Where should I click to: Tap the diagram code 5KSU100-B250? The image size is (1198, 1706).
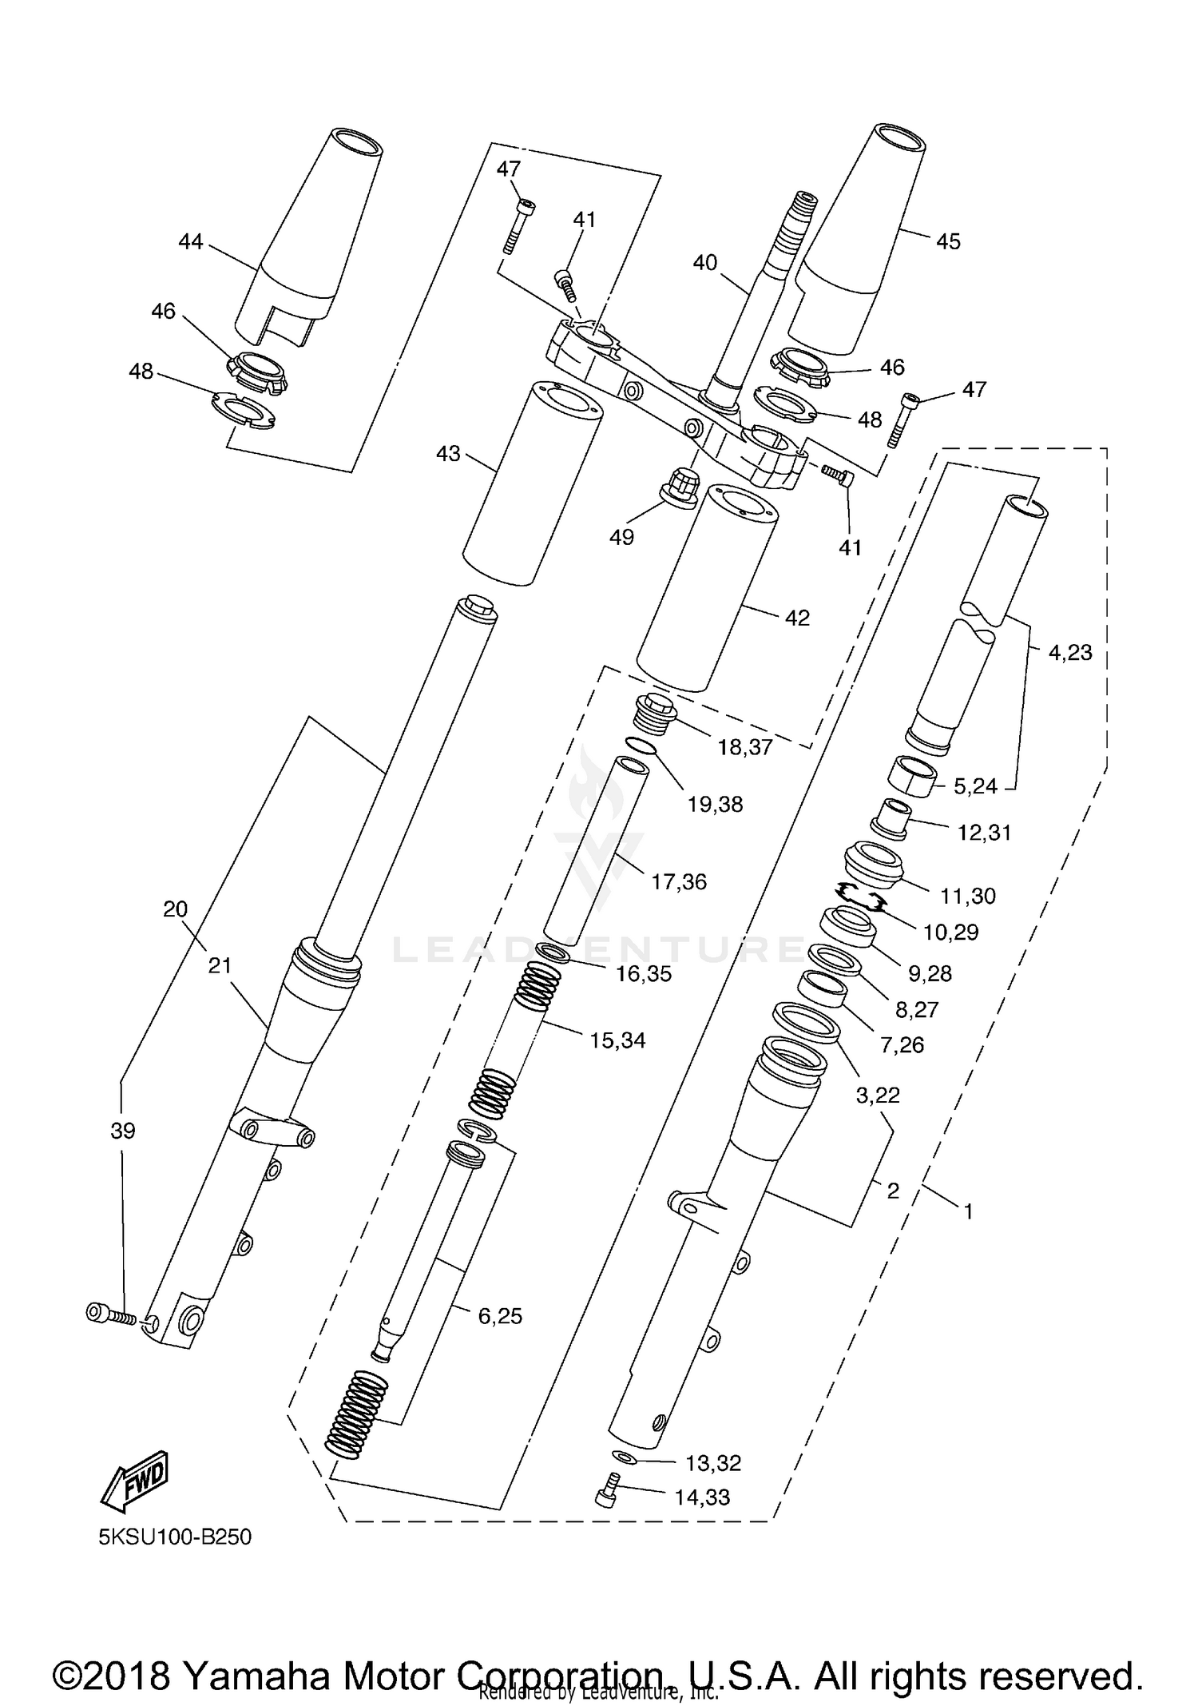pyautogui.click(x=175, y=1537)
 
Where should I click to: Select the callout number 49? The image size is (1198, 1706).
pyautogui.click(x=621, y=537)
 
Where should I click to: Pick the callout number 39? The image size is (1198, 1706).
pyautogui.click(x=123, y=1131)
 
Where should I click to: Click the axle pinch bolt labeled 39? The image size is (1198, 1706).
pyautogui.click(x=110, y=1314)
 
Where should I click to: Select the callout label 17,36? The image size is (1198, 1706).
pyautogui.click(x=679, y=881)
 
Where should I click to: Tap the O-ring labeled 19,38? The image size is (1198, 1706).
pyautogui.click(x=641, y=747)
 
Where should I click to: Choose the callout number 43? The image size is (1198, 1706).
pyautogui.click(x=448, y=454)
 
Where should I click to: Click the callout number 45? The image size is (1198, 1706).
pyautogui.click(x=948, y=241)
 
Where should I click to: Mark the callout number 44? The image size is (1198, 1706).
pyautogui.click(x=191, y=241)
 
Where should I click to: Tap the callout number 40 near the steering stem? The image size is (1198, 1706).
pyautogui.click(x=705, y=262)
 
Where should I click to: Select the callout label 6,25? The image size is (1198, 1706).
pyautogui.click(x=500, y=1316)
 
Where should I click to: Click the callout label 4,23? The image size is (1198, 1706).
pyautogui.click(x=1069, y=652)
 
